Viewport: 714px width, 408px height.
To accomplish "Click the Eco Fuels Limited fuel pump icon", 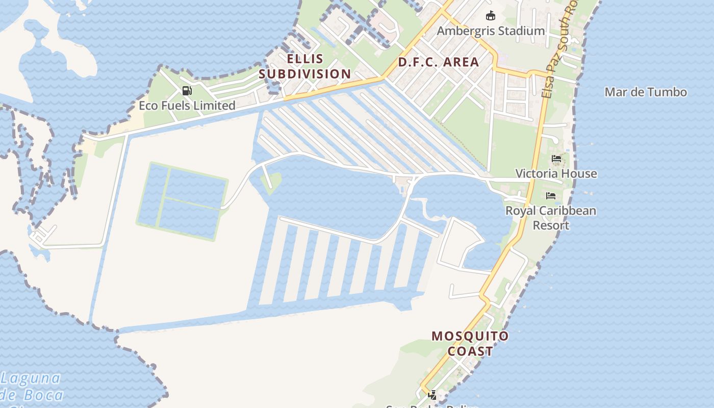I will (187, 91).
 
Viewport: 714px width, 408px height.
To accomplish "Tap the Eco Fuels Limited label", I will (187, 106).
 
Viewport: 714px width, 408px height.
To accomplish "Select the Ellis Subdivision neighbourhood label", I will (304, 66).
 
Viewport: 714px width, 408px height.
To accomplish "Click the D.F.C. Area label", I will (438, 62).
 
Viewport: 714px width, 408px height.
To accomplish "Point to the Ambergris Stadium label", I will (491, 31).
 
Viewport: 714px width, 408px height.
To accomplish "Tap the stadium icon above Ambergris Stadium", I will (491, 16).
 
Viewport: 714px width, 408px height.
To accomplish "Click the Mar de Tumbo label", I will (645, 92).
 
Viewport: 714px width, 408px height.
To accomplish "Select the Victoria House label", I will (556, 173).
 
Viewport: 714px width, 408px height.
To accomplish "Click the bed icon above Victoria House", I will (556, 159).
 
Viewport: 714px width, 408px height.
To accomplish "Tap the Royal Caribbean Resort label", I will (551, 218).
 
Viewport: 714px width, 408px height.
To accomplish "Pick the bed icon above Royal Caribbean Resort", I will (551, 196).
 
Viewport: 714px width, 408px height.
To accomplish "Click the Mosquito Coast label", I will (470, 343).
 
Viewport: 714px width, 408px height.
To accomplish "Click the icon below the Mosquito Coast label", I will (432, 395).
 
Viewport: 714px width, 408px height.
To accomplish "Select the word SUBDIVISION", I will (304, 74).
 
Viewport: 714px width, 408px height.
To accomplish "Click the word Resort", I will (551, 225).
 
